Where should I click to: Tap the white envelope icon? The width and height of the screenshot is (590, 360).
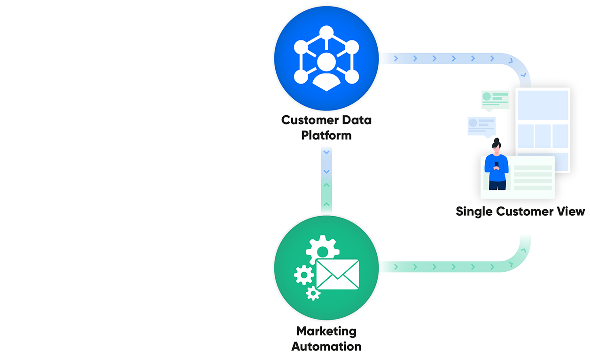(x=337, y=274)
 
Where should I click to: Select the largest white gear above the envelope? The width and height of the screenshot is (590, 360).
(x=322, y=248)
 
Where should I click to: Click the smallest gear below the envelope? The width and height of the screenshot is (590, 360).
(x=313, y=293)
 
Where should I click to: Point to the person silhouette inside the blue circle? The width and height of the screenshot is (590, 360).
(x=326, y=70)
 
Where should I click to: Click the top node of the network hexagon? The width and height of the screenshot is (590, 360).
(x=326, y=32)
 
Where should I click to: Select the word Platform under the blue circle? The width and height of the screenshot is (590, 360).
(x=326, y=136)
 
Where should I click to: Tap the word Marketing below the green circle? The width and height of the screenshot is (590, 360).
(x=326, y=332)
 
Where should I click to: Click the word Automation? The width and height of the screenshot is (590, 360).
(x=326, y=347)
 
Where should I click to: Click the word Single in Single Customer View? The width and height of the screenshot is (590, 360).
(x=473, y=211)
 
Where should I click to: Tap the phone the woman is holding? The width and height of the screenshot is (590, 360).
(x=497, y=164)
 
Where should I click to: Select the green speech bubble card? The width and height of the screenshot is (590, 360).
(x=495, y=99)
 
